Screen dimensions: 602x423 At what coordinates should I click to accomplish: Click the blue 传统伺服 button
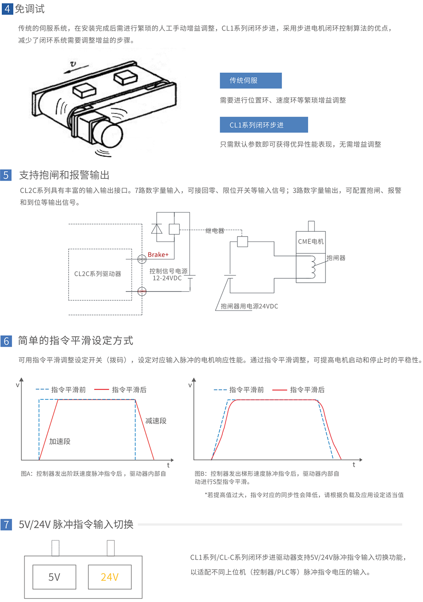pyautogui.click(x=250, y=81)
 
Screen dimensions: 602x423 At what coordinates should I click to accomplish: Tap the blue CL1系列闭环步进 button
pyautogui.click(x=264, y=125)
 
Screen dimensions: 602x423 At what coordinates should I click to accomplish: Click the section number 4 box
pyautogui.click(x=7, y=9)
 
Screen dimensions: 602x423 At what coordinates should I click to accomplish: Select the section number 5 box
pyautogui.click(x=6, y=175)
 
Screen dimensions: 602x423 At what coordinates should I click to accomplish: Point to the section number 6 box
pyautogui.click(x=6, y=341)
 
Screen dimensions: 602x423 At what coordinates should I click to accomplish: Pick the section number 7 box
pyautogui.click(x=6, y=524)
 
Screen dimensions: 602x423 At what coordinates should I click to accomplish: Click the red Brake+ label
pyautogui.click(x=158, y=255)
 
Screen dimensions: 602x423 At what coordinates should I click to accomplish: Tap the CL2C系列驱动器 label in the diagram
pyautogui.click(x=98, y=274)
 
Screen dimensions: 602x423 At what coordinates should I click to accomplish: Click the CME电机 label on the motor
pyautogui.click(x=311, y=241)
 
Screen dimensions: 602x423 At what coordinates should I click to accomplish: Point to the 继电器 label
pyautogui.click(x=215, y=231)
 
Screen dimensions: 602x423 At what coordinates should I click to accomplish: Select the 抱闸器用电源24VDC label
pyautogui.click(x=249, y=306)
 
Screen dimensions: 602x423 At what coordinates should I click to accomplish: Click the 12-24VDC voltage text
pyautogui.click(x=167, y=278)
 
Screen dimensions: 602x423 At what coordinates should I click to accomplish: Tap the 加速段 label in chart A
pyautogui.click(x=60, y=441)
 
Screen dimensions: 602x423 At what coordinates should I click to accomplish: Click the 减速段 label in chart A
pyautogui.click(x=156, y=421)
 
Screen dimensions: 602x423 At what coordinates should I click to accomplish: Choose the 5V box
pyautogui.click(x=54, y=577)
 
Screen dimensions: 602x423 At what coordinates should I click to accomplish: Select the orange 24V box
pyautogui.click(x=110, y=577)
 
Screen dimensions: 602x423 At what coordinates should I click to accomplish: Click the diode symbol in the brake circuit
pyautogui.click(x=157, y=229)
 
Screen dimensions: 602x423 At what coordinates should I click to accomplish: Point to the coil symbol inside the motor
pyautogui.click(x=312, y=267)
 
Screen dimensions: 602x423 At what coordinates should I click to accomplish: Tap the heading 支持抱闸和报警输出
pyautogui.click(x=64, y=175)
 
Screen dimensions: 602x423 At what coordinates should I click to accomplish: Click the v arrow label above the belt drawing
pyautogui.click(x=73, y=64)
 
